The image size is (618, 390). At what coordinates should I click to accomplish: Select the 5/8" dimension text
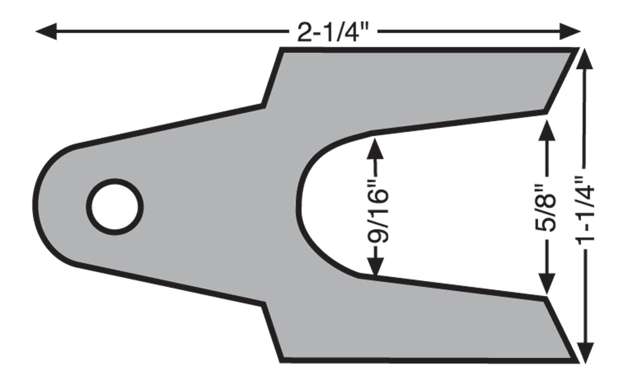coord(546,207)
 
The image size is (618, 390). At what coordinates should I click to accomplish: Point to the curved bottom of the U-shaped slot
coord(299,203)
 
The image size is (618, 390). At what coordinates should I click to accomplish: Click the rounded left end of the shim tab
coord(36,205)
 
